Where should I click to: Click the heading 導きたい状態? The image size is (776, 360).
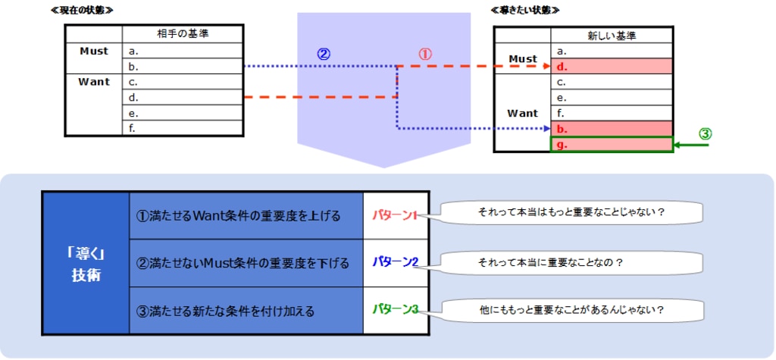[525, 10]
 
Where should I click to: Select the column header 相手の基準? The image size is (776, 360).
[183, 35]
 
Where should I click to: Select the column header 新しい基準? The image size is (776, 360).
[612, 36]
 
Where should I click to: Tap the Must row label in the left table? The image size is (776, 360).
[94, 52]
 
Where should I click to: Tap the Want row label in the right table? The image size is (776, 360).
[522, 113]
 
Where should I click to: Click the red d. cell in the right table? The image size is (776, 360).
[612, 67]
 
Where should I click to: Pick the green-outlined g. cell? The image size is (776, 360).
[612, 144]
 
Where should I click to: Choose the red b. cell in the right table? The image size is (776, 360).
[612, 128]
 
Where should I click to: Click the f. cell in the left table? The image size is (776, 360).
[183, 128]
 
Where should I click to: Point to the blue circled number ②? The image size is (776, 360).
[324, 55]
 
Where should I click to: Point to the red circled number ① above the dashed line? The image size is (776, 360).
[425, 55]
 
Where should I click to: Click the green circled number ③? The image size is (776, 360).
[705, 133]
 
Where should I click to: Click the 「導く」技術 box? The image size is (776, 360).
[86, 262]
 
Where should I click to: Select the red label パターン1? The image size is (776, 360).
[395, 215]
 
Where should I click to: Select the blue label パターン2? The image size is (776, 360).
[395, 262]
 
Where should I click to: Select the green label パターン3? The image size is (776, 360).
[395, 309]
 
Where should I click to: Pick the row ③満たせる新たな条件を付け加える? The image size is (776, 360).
[246, 310]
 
